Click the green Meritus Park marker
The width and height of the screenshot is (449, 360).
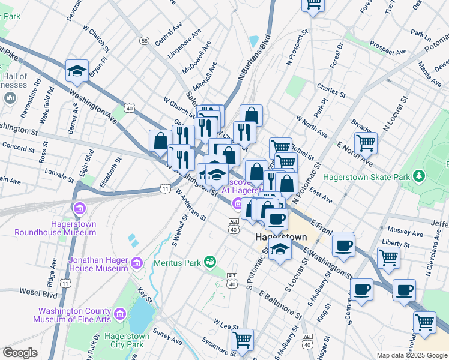pos(210,262)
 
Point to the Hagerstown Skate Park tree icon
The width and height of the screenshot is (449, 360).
pos(420,176)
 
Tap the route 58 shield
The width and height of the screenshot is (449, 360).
pos(145,40)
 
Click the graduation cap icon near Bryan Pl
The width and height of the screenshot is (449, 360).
pos(77,71)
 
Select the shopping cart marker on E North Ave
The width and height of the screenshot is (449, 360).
pos(366,143)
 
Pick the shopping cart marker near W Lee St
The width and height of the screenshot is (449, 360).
pos(242,340)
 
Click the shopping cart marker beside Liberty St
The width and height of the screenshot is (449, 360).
pos(388,257)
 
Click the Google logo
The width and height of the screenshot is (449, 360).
pos(20,353)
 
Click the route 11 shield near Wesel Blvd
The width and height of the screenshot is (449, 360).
pos(65,283)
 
